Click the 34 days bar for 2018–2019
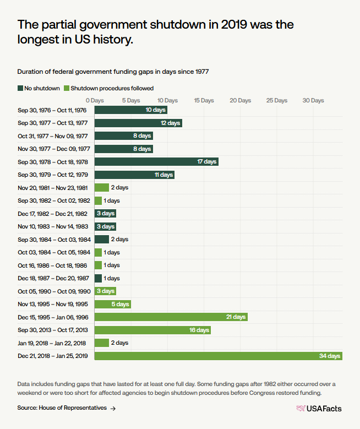(218, 356)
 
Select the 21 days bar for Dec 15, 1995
(171, 317)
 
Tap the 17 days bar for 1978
(156, 162)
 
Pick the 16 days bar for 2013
(152, 330)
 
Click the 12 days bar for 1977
(138, 123)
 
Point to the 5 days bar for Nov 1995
(112, 304)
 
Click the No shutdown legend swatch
(20, 88)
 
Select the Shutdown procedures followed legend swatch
(67, 88)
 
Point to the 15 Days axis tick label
(204, 101)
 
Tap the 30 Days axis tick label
(313, 101)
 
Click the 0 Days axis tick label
(95, 101)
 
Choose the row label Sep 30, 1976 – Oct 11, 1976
(52, 110)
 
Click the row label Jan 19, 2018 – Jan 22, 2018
(52, 343)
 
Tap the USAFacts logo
(319, 408)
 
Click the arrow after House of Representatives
(113, 408)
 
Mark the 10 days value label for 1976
(155, 110)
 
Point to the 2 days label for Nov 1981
(119, 188)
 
